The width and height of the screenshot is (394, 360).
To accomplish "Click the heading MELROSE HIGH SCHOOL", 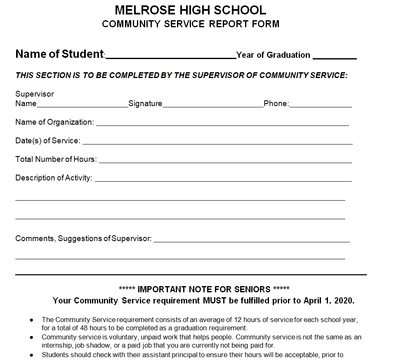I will click(190, 10).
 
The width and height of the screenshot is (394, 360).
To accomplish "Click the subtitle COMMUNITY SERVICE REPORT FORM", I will click(190, 24).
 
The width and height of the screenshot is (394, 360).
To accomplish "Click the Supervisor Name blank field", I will click(83, 104).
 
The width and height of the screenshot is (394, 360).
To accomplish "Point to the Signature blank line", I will click(213, 104).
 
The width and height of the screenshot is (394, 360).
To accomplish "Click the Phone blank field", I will click(321, 104).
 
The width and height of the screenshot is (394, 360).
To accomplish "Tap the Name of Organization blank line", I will click(222, 123).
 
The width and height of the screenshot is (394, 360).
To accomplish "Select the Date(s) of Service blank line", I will click(217, 142).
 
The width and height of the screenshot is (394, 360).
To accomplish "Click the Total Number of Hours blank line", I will click(225, 160).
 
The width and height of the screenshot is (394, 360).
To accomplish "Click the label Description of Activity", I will click(54, 178).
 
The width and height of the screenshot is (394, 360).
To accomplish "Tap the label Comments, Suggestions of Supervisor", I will click(83, 239).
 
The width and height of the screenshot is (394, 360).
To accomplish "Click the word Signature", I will click(145, 104).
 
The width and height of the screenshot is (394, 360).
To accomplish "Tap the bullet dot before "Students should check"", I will click(32, 355).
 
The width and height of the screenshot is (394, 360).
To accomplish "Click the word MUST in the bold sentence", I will click(214, 301).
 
